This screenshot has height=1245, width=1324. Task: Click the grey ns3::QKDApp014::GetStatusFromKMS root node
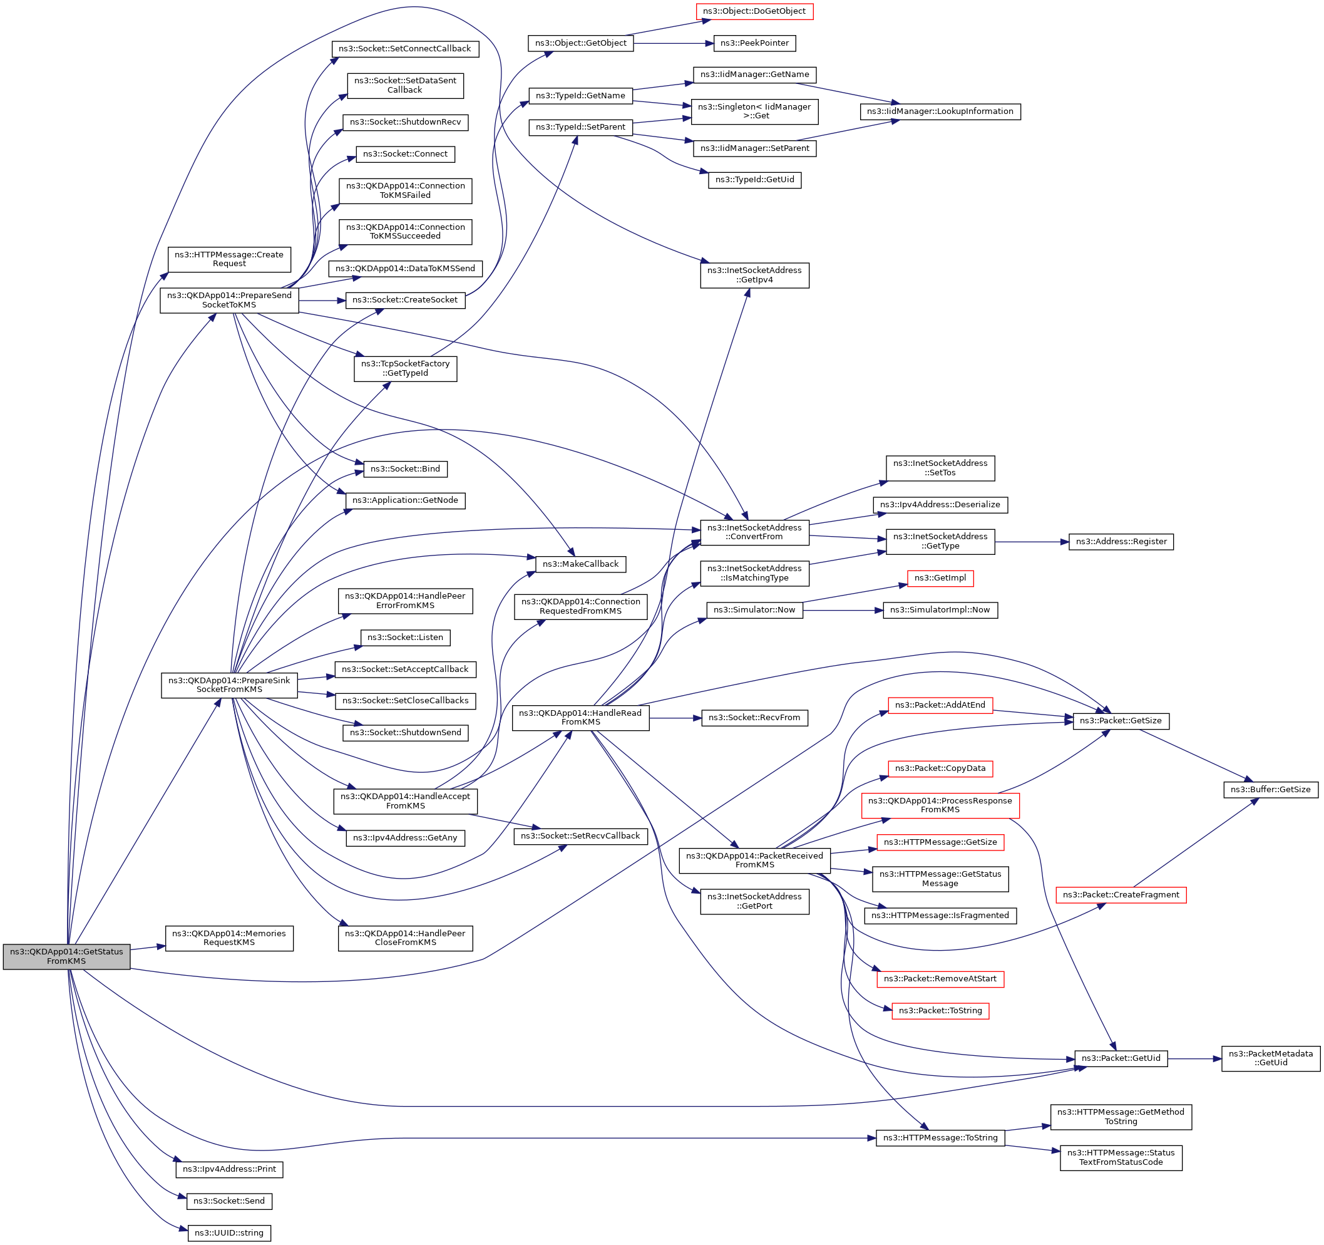(66, 956)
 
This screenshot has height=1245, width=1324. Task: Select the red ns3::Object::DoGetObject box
(754, 11)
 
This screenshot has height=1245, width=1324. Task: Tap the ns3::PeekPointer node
(754, 43)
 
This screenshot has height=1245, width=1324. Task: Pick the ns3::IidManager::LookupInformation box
(940, 111)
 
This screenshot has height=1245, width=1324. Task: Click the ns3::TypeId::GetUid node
(754, 180)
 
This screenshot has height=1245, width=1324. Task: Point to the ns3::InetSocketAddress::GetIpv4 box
(754, 275)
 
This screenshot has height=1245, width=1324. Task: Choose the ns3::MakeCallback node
(580, 564)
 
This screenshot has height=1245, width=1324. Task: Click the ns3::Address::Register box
(1121, 542)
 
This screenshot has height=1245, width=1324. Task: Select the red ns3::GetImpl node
(940, 578)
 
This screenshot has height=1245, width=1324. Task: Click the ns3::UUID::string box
(229, 1233)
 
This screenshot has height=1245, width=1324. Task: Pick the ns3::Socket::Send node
(229, 1201)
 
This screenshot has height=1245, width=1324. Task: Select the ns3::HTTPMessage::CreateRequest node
(229, 259)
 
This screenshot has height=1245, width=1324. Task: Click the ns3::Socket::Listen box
(405, 638)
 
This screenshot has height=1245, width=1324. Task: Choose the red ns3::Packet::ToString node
(940, 1011)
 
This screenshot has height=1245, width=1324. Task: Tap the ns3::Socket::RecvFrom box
(754, 718)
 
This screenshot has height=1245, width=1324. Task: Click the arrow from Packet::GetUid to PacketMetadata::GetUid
(1194, 1058)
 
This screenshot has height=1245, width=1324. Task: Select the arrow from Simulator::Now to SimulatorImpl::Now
(843, 610)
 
